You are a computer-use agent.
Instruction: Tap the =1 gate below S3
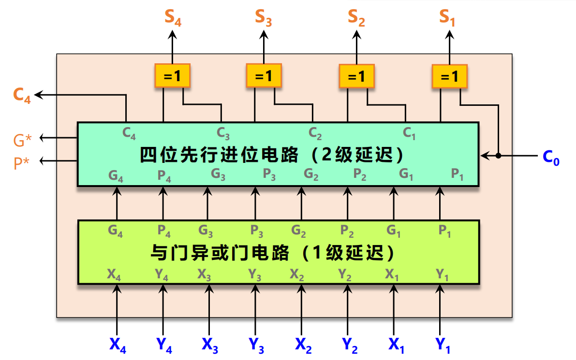[264, 76]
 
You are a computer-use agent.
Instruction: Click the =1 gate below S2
[356, 76]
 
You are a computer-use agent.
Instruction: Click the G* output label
[23, 140]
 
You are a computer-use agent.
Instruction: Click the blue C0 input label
[551, 158]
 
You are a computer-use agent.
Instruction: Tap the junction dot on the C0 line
[498, 156]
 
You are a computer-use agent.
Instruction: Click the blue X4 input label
[118, 345]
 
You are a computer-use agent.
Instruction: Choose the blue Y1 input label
[443, 345]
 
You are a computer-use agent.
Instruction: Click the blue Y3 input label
[256, 345]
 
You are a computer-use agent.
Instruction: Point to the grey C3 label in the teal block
[223, 133]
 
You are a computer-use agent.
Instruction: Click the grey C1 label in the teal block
[409, 133]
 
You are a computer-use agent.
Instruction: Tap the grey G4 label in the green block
[116, 231]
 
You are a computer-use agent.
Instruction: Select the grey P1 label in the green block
[444, 231]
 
